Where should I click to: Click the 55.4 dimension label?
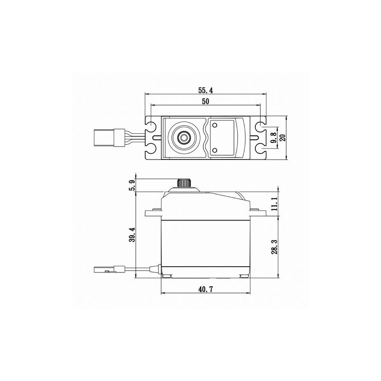click(x=205, y=90)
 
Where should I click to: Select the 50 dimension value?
click(x=205, y=101)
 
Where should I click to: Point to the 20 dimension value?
click(x=282, y=138)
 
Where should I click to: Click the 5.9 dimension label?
click(x=133, y=185)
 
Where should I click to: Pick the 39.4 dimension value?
click(x=132, y=235)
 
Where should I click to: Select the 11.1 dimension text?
click(x=274, y=204)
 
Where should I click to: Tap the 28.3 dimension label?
click(x=274, y=247)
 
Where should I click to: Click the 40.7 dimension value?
click(x=205, y=289)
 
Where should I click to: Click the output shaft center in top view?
click(x=184, y=138)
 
